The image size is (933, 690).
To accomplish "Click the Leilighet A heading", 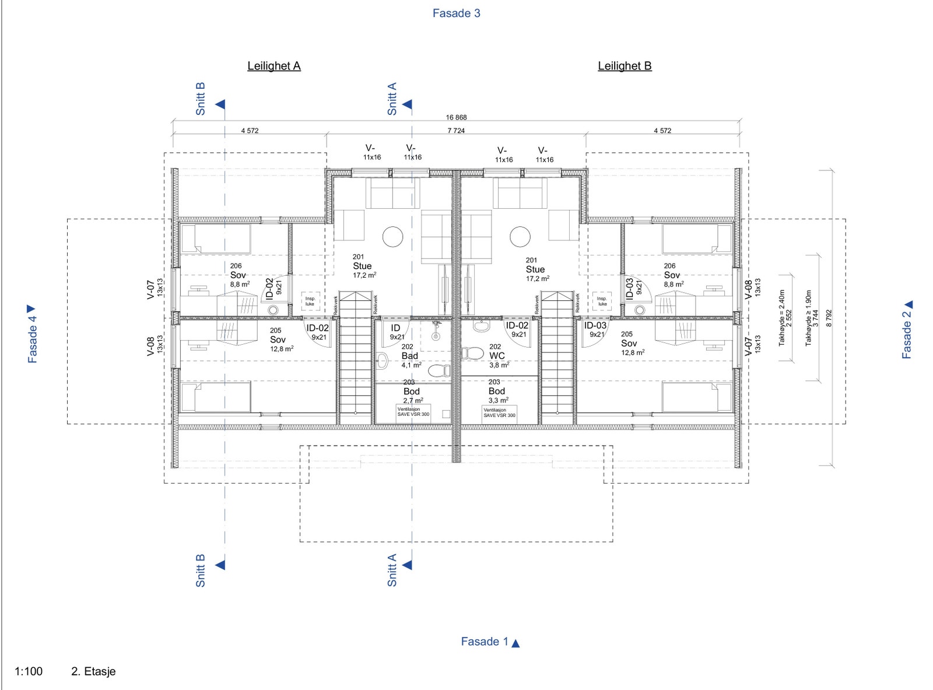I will coord(273,66).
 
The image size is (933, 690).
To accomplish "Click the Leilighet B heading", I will coord(625,66).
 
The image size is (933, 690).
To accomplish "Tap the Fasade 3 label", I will coord(456,13).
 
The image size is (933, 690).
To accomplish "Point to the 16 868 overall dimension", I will coord(457,117).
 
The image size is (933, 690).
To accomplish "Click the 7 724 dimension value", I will coord(456,131).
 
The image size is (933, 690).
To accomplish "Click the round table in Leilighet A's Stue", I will coord(392,237).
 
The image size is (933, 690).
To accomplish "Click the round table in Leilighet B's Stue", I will coord(520,237).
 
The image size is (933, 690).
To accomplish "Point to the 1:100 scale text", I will coord(29,671).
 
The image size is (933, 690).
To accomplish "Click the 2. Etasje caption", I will coord(93,671).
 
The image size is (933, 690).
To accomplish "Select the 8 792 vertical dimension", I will coord(829,318).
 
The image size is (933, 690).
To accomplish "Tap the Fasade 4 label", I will coord(32,338).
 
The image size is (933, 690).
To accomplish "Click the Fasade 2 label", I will coord(906,335).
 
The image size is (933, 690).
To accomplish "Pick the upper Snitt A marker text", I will coord(392,99).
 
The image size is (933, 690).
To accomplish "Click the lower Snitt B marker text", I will coord(201,570).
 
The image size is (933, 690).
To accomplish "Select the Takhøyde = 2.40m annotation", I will coord(782,318).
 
